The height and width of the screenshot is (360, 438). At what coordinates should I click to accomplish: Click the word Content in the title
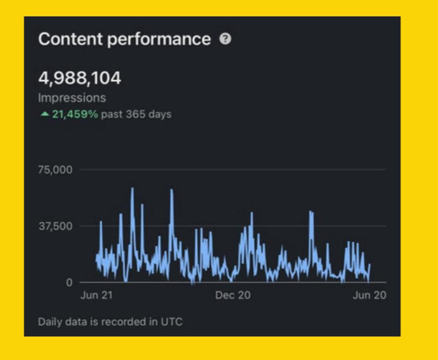coord(70,39)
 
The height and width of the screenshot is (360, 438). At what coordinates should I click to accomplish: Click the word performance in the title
coord(159,40)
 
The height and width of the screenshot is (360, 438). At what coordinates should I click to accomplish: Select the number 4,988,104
coord(80,78)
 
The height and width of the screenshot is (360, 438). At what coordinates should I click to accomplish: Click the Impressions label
coord(72,98)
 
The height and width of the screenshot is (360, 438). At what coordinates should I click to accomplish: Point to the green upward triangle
coord(45,114)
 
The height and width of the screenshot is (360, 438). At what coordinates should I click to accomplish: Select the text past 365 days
coord(136,114)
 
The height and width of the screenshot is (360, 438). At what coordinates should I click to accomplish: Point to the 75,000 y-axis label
coord(55,169)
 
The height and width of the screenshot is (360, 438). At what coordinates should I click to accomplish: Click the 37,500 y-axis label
coord(55,226)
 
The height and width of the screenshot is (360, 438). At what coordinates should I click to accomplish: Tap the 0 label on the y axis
coord(69,283)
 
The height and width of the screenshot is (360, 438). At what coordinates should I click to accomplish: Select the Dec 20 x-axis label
coord(233,295)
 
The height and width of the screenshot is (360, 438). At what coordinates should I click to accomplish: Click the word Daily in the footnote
coord(49,322)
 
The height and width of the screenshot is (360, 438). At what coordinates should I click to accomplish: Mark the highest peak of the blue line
coord(132,188)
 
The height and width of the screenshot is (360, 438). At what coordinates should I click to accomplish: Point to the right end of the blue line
coord(370,265)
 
